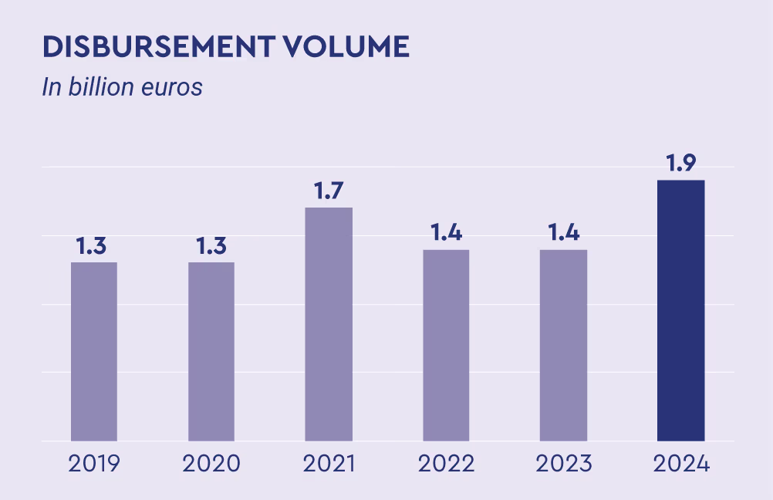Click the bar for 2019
94,351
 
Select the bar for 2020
211,351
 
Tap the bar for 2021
329,324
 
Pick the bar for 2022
446,345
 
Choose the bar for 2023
563,345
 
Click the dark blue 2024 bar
680,310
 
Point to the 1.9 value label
680,164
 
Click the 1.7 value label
329,191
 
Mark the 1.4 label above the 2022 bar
446,233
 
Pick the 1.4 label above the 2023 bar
563,233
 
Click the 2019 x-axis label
94,464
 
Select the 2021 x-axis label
329,464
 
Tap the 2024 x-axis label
680,464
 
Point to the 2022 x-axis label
446,464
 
